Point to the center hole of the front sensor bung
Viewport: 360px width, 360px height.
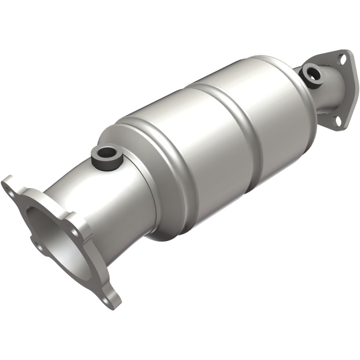coord(106,155)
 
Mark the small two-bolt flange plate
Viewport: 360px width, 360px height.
coord(340,90)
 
